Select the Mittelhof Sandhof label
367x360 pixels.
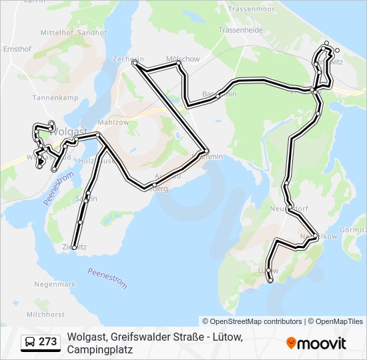pyautogui.click(x=73, y=32)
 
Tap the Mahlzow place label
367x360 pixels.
pyautogui.click(x=113, y=123)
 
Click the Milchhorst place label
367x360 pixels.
pyautogui.click(x=45, y=314)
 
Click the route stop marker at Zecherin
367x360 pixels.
pyautogui.click(x=135, y=63)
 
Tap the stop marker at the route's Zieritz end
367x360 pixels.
pyautogui.click(x=74, y=247)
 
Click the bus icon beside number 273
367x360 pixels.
pyautogui.click(x=30, y=342)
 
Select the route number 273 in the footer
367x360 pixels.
pyautogui.click(x=47, y=342)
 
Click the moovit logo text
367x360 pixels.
pyautogui.click(x=322, y=343)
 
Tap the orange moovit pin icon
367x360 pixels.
pyautogui.click(x=291, y=343)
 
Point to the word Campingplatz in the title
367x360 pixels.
pyautogui.click(x=100, y=349)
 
